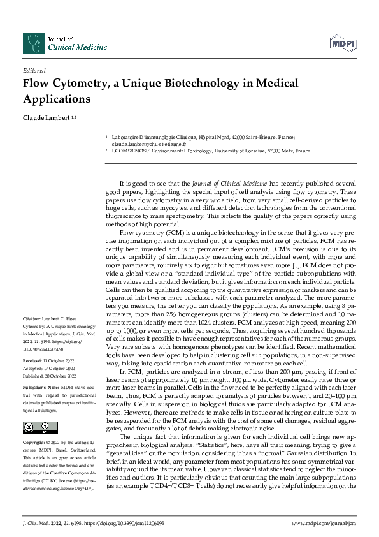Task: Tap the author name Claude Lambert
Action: (46, 118)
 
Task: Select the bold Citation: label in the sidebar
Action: (32, 318)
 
